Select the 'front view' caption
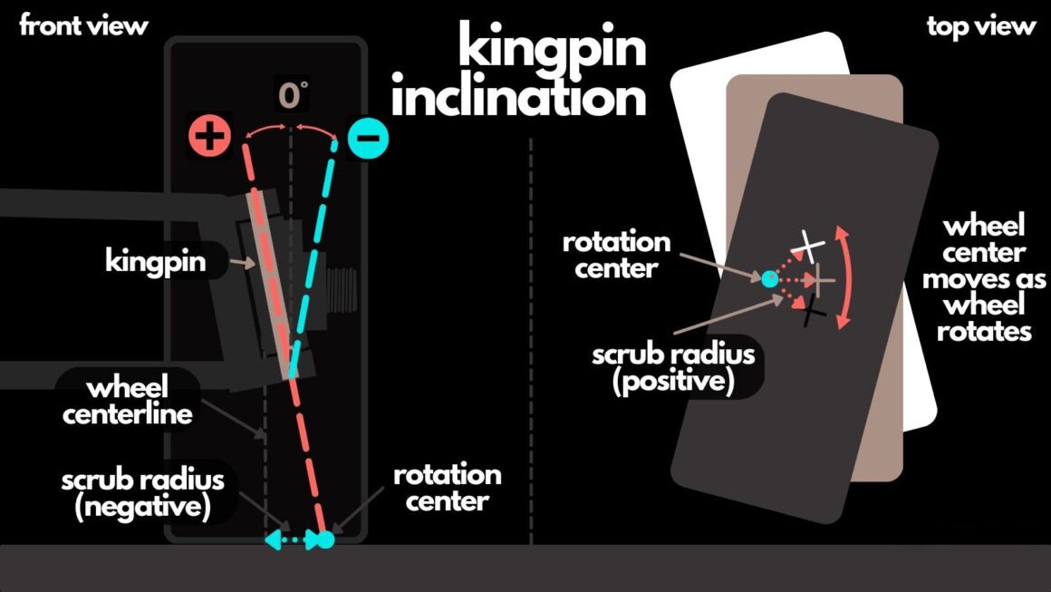83,25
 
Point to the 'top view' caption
980,25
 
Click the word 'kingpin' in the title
551,47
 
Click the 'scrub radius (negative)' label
143,492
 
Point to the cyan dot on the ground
326,539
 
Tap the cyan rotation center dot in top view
769,279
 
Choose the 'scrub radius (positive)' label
672,365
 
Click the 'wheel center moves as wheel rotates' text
983,278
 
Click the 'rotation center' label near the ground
447,488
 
